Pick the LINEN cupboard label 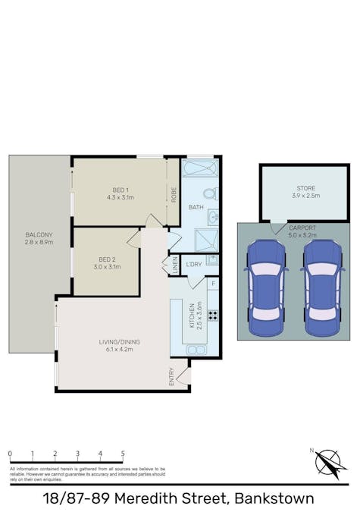coord(174,265)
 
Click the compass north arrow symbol coord(330,463)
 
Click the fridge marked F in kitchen coord(213,284)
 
